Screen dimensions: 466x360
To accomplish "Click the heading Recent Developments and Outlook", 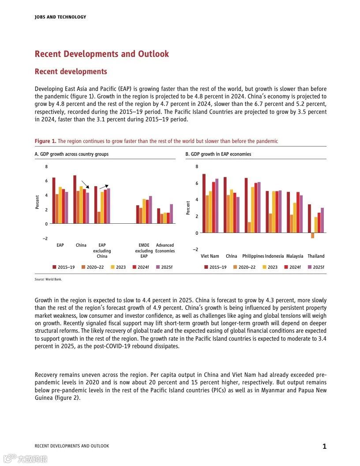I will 102,54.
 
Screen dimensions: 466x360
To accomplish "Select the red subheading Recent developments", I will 71,71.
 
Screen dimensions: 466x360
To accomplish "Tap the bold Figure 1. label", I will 45,141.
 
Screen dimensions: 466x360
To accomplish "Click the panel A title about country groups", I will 71,154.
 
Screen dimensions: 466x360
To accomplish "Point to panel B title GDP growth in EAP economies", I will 218,154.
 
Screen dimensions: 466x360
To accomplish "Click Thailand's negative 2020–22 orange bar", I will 312,235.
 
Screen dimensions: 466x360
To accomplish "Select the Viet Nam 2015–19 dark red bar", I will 204,203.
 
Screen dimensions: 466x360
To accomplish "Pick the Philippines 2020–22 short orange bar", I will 249,227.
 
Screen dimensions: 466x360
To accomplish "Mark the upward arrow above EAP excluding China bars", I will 104,187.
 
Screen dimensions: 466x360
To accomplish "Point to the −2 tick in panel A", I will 45,238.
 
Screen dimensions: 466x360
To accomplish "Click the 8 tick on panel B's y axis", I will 197,166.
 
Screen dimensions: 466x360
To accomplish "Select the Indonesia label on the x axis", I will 274,256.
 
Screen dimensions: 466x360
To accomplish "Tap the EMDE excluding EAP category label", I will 144,251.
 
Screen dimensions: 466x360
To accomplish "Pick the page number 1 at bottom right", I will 324,446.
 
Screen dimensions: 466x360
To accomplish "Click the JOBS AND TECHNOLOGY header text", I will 60,17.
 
